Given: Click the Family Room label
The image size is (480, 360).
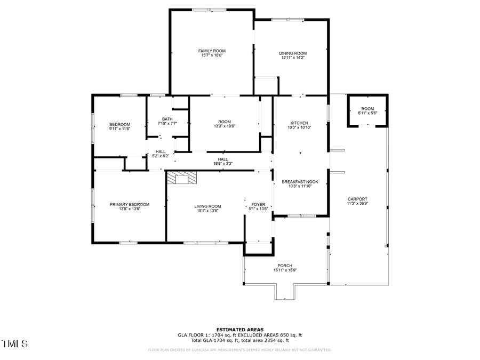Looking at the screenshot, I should tap(212, 51).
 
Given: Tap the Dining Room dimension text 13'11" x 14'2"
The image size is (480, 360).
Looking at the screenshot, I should tap(293, 58).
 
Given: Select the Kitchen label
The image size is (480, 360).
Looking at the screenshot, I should tap(299, 123).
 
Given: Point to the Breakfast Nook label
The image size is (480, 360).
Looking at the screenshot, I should tap(299, 182).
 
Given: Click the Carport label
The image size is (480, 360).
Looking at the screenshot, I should tap(357, 198).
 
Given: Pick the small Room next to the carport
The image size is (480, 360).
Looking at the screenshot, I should tap(367, 109).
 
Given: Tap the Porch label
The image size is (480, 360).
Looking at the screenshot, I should tap(284, 266).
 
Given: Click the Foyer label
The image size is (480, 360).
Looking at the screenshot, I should tap(258, 204).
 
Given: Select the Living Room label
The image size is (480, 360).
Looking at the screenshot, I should tap(207, 206).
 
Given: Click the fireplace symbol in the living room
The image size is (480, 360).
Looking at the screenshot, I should tap(181, 178).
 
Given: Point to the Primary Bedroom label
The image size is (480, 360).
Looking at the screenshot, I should tap(130, 204).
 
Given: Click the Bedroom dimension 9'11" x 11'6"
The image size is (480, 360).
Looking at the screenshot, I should tap(119, 129).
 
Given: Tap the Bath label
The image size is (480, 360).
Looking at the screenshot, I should tap(167, 119).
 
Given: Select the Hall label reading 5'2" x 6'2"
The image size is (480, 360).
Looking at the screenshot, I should tap(160, 156).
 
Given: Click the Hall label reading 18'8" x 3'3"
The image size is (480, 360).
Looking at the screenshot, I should tap(223, 163).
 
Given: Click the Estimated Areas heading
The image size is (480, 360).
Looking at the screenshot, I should tap(239, 330).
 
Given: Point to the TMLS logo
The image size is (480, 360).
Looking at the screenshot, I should tap(15, 343).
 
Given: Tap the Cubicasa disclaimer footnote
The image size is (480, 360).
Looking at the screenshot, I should tap(239, 350).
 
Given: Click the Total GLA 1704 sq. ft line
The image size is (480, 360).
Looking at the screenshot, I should tap(239, 340).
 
